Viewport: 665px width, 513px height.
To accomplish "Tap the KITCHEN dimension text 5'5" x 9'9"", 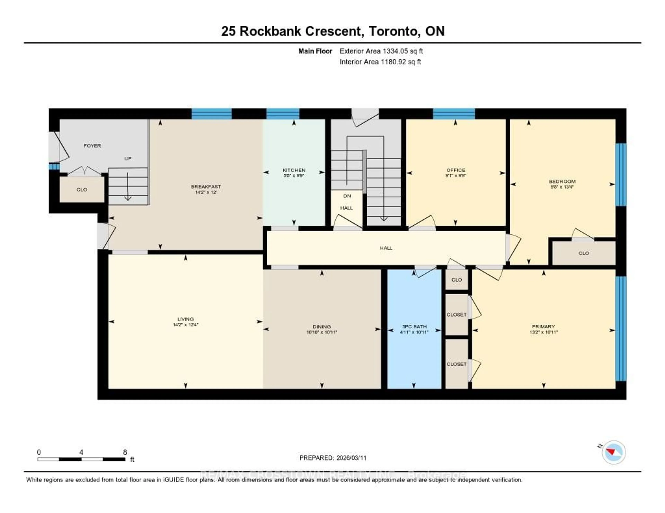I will [294, 175].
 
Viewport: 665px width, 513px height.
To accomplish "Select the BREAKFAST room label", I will [206, 186].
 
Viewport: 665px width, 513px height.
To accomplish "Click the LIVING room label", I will [185, 319].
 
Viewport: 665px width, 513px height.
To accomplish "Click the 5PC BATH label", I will [414, 327].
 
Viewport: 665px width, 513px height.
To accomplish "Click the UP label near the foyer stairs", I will [128, 158].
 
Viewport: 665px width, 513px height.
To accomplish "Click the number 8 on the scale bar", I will [125, 452].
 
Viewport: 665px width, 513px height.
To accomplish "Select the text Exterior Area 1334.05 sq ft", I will [381, 51].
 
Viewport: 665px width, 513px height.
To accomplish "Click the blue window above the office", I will [454, 114].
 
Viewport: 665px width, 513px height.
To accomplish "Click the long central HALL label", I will [386, 248].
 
